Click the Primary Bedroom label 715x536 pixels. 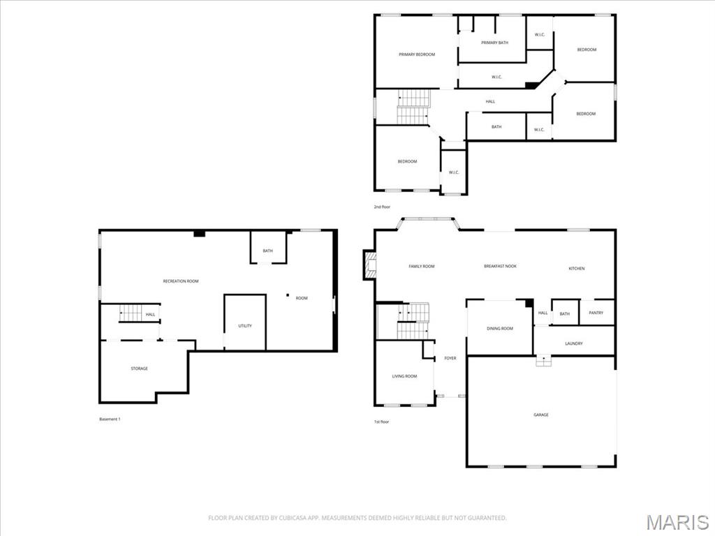[x=417, y=54]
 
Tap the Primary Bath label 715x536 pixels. [x=494, y=43]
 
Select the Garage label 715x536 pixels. [x=541, y=415]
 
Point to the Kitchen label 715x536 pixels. [x=577, y=269]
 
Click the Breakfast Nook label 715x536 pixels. [x=501, y=266]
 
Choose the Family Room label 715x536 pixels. [x=422, y=266]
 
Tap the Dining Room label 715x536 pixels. [x=500, y=328]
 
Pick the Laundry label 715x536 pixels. [x=574, y=343]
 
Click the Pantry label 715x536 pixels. [x=596, y=313]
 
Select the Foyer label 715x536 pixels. [x=450, y=358]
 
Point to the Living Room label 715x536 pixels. [x=404, y=376]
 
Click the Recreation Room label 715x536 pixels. [x=181, y=281]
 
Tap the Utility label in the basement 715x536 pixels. [x=245, y=326]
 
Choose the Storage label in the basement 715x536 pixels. [x=140, y=368]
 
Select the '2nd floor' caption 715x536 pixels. [x=382, y=207]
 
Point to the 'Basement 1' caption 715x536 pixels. [x=110, y=419]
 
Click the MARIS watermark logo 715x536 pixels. [x=677, y=521]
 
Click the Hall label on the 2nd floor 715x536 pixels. [x=491, y=102]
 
